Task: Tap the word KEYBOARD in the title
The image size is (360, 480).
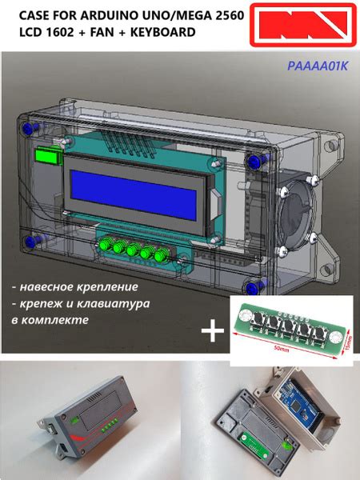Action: pos(162,33)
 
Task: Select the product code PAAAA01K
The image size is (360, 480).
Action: pos(318,67)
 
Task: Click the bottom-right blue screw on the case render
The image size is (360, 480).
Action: pos(254,287)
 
